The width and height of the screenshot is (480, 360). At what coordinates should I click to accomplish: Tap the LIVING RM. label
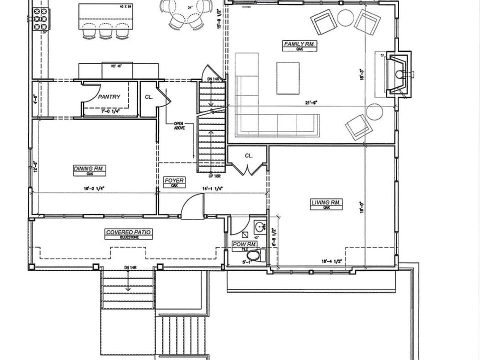coord(326,202)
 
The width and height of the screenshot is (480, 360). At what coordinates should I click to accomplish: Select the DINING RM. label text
coord(89,169)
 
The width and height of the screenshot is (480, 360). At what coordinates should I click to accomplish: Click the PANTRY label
coord(109,96)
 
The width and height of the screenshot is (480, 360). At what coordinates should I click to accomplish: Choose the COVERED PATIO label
coord(128,232)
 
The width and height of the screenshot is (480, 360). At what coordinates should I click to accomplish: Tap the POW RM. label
coord(245,244)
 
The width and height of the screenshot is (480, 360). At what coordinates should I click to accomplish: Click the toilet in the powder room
coord(255,257)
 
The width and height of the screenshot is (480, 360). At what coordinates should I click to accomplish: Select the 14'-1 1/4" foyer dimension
coord(212,188)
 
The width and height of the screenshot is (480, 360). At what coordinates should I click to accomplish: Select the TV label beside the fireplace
coord(381,54)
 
